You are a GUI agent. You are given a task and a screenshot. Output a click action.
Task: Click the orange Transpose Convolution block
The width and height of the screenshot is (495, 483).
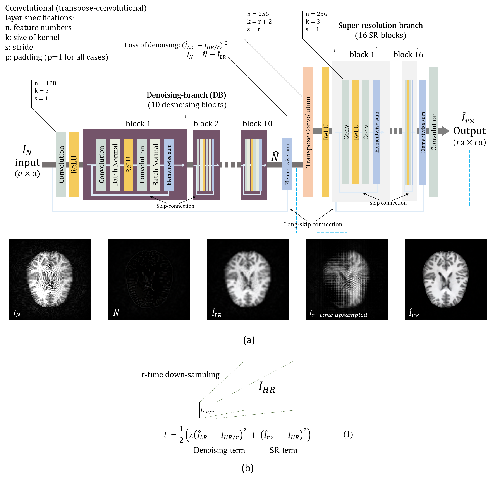tap(308, 132)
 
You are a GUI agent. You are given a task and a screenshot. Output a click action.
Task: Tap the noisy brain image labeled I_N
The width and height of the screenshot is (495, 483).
tap(50, 279)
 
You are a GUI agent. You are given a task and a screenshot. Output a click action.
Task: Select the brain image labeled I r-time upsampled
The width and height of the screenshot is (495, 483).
tap(347, 279)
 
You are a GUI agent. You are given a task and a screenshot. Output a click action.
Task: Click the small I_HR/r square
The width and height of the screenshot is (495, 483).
tap(208, 410)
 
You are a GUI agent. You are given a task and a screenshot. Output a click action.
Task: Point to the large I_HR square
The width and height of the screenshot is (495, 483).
tap(268, 386)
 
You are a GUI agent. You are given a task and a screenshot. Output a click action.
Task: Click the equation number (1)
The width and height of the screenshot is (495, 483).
tap(348, 435)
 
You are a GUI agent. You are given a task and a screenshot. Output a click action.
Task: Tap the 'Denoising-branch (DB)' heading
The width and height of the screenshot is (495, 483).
tap(186, 95)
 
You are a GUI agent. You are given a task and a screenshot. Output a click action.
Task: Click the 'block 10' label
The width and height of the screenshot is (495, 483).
tap(257, 124)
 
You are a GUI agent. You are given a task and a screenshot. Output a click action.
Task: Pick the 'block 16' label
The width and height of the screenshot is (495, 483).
tap(408, 54)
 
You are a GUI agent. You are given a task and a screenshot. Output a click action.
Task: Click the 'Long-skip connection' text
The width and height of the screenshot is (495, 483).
tap(313, 224)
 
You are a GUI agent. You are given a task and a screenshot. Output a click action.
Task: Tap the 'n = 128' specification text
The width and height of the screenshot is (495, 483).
tap(45, 83)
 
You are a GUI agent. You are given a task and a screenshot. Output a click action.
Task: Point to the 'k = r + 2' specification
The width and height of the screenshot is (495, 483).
tap(259, 22)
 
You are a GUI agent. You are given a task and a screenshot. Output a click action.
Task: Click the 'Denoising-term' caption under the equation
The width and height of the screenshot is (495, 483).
tap(219, 450)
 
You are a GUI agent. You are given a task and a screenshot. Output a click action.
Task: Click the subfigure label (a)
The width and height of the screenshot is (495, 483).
tap(249, 340)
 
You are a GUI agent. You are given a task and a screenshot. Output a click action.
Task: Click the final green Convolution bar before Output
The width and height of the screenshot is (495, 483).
tap(433, 132)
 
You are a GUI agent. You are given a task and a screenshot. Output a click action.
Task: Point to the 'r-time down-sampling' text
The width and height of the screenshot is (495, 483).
tap(180, 375)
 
